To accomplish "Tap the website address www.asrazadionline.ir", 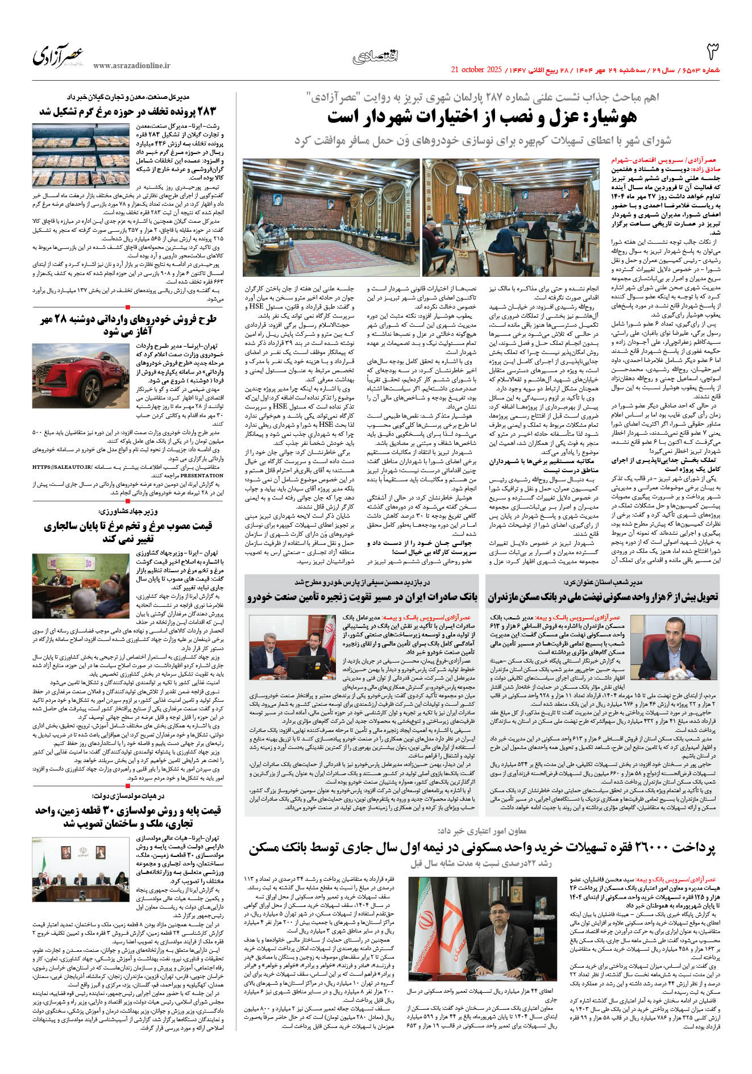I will click(132, 66).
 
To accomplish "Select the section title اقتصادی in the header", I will click(376, 56).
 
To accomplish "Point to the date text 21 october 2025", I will click(476, 70).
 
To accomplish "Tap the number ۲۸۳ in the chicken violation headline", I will click(204, 111).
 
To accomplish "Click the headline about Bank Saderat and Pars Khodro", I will click(363, 597).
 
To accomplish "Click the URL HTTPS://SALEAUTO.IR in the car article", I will click(63, 467).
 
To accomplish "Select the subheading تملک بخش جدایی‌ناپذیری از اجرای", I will click(666, 460).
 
